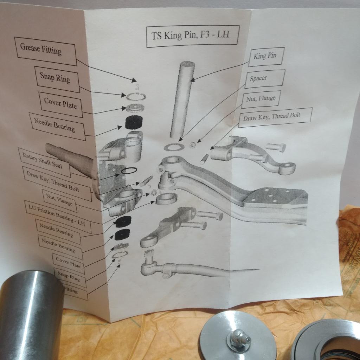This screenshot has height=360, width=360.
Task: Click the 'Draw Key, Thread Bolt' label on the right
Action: click(272, 117)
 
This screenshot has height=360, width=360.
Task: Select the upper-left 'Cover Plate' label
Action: click(60, 103)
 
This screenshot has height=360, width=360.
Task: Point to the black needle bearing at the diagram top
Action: click(133, 123)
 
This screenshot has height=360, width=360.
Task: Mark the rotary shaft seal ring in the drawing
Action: click(129, 171)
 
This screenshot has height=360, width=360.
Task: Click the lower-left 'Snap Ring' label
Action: click(69, 276)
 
